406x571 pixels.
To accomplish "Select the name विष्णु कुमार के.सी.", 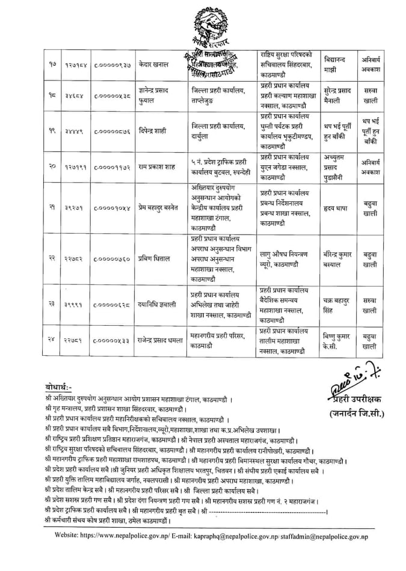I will point(336,342).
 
